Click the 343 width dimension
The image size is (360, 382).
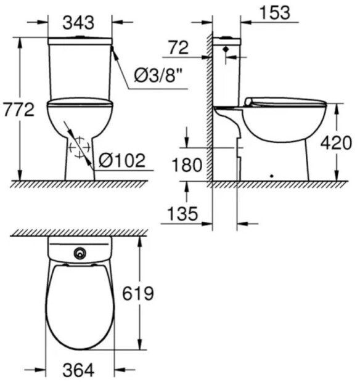[x=78, y=23]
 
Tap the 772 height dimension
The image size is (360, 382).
[x=18, y=110]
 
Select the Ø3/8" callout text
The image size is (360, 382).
[x=158, y=76]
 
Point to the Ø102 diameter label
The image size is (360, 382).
[x=122, y=161]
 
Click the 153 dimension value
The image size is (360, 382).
[x=276, y=12]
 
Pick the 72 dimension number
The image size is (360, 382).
[x=179, y=48]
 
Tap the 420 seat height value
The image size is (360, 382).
[x=336, y=142]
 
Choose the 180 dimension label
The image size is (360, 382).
[x=187, y=165]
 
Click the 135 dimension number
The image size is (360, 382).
[x=183, y=214]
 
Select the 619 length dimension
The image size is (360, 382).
[x=138, y=293]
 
